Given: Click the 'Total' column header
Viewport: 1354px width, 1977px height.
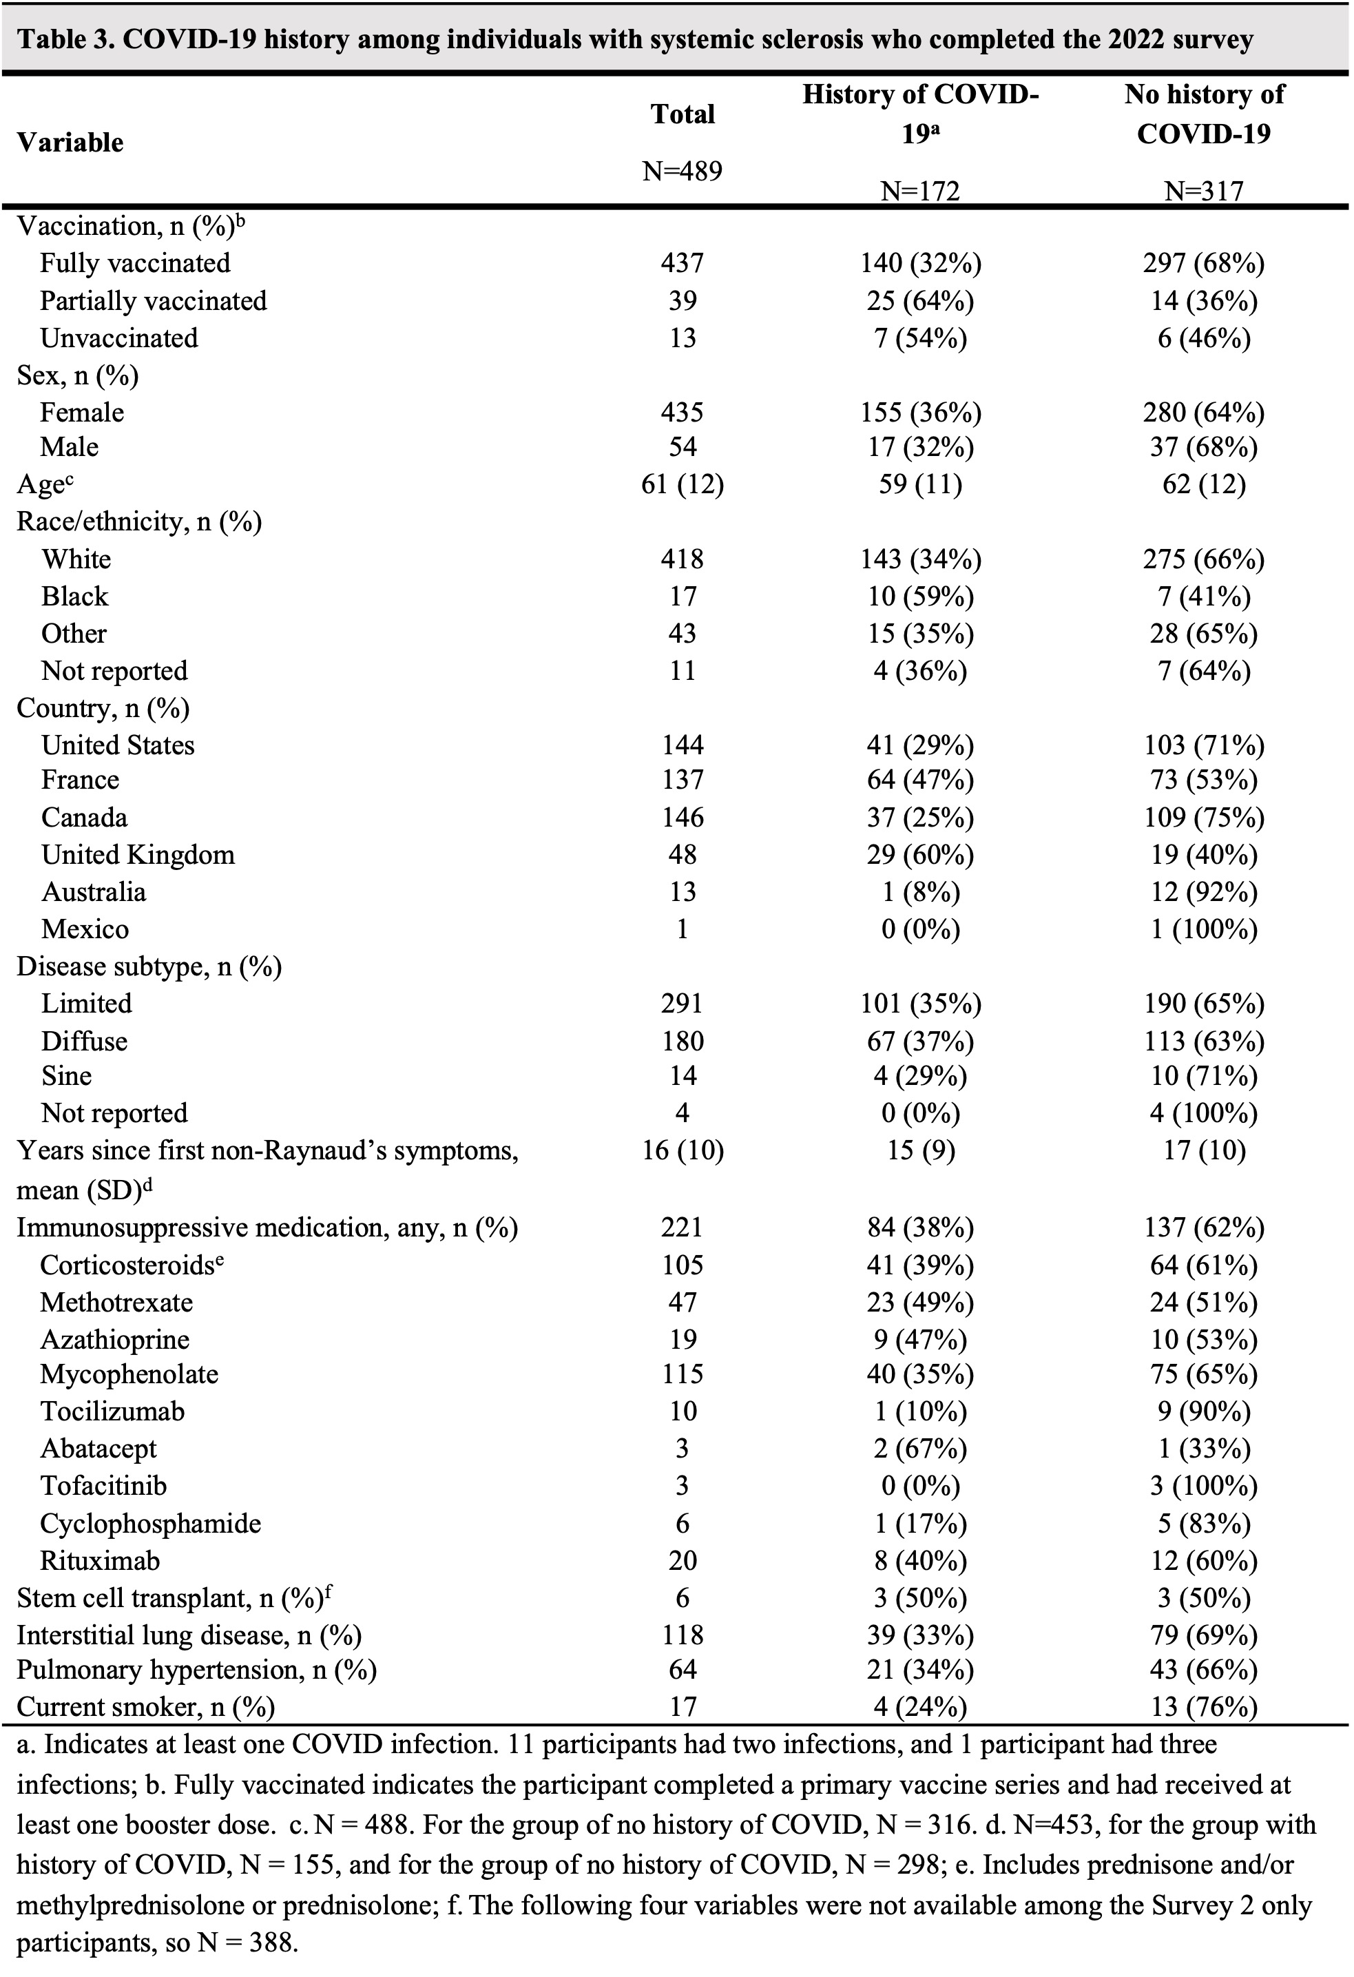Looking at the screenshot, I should coord(682,114).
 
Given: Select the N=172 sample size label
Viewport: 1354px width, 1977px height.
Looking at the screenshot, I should coord(920,192).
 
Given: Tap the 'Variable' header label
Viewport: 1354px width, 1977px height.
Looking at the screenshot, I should coord(70,142).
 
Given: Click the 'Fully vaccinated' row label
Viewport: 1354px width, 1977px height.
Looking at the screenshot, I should coord(135,263).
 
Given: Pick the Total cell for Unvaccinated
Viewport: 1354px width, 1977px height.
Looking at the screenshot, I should coord(682,338).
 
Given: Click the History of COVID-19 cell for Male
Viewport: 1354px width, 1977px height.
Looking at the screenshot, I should coord(920,446).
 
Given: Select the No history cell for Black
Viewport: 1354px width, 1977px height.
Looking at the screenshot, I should coord(1203,597).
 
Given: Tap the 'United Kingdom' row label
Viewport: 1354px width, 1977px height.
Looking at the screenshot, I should coord(138,854).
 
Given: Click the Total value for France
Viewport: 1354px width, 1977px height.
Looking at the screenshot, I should coord(682,779).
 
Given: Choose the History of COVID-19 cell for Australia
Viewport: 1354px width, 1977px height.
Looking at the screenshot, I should coord(920,891).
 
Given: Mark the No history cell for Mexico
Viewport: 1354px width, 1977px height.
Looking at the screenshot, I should coord(1203,929).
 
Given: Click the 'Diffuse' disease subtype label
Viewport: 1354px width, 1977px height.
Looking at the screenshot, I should coord(84,1042).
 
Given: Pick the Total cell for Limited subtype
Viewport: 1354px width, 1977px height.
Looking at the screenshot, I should coord(682,1004).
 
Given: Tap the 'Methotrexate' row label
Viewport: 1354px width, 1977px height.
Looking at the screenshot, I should coord(116,1303).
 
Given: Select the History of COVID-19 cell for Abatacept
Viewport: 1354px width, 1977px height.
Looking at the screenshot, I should coord(920,1449).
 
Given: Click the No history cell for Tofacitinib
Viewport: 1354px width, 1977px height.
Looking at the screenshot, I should coord(1203,1486).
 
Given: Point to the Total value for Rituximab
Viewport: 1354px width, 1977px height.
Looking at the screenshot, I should coord(682,1560).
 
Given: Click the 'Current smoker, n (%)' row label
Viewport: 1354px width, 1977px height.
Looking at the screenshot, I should coord(145,1706).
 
